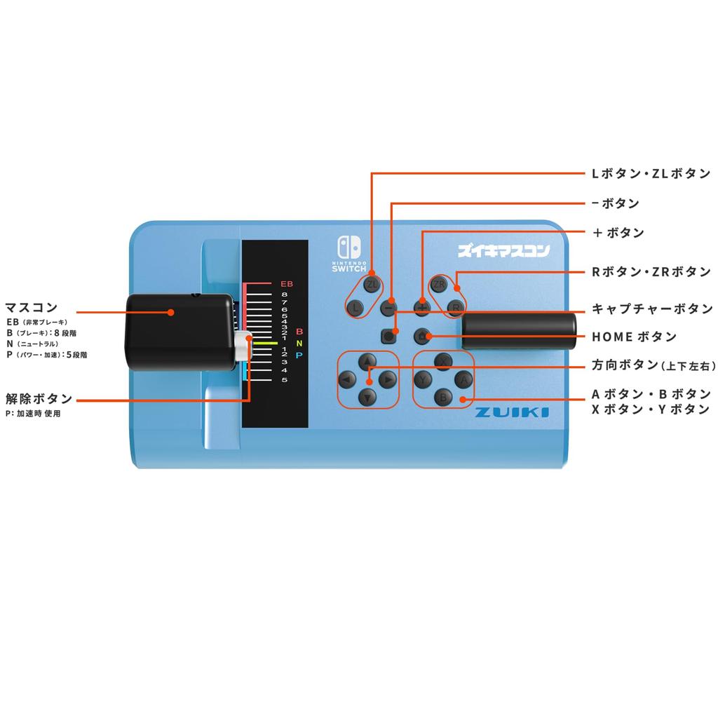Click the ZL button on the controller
(x=372, y=284)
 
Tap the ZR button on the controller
(x=439, y=284)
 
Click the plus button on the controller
(x=421, y=307)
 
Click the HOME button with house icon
(x=421, y=335)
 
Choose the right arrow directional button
(x=388, y=379)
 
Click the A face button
(x=461, y=379)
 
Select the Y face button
(x=424, y=379)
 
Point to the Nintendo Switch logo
(x=350, y=253)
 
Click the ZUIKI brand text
(x=512, y=412)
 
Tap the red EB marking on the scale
(x=286, y=283)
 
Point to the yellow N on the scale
(x=299, y=344)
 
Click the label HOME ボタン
(x=634, y=337)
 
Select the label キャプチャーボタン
(x=652, y=309)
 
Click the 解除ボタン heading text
(x=39, y=399)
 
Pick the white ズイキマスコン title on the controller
(x=503, y=250)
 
